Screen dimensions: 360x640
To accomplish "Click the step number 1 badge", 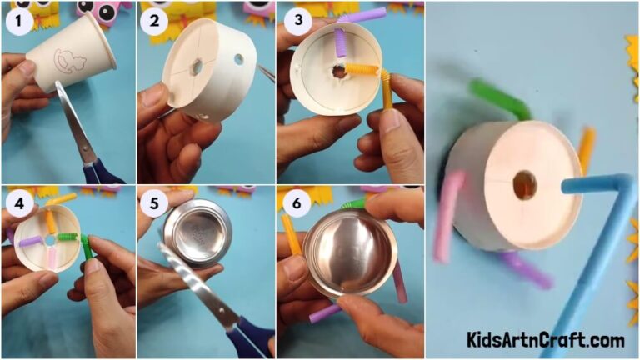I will (17, 22).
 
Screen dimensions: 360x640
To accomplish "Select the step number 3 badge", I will (292, 22).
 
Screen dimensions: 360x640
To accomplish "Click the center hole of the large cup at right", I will (524, 185).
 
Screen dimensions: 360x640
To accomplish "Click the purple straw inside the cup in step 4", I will (32, 241).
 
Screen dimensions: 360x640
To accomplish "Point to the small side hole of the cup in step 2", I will (239, 60).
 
